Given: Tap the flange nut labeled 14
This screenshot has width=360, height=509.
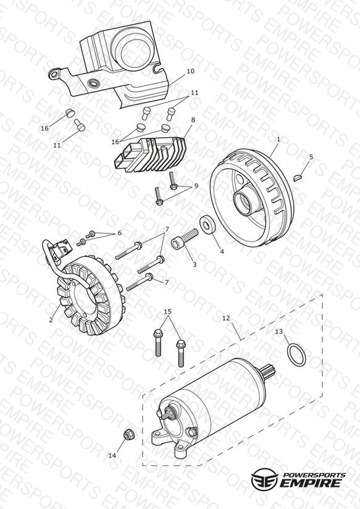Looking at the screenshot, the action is (129, 435).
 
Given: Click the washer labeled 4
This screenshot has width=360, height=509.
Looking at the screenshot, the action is (207, 224).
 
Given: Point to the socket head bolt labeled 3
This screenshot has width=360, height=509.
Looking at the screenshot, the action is (185, 239).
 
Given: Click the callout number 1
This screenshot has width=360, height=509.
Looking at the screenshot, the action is (278, 139).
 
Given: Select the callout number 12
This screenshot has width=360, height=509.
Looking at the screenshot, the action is (226, 318).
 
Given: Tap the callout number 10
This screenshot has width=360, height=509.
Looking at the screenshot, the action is (191, 71).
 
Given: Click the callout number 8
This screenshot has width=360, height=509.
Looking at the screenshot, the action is (193, 120).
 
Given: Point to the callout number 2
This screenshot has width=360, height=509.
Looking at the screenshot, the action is (51, 320).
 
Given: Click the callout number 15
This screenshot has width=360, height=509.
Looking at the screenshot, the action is (167, 311).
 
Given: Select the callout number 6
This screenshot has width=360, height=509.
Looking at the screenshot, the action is (119, 233).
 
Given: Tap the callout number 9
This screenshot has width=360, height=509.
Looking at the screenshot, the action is (196, 186).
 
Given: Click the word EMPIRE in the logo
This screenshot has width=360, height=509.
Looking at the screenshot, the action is (312, 482).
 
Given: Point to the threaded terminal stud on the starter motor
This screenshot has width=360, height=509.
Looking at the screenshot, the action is (168, 414).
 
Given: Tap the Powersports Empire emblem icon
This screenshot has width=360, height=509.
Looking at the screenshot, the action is (264, 479).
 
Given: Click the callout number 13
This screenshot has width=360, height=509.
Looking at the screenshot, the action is (279, 332).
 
